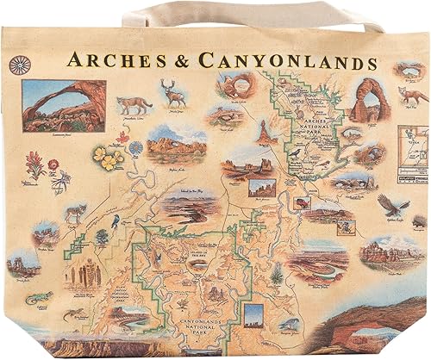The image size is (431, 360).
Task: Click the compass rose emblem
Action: (17, 65)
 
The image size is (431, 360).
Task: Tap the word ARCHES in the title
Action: (111, 61)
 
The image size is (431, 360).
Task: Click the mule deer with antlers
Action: (174, 93)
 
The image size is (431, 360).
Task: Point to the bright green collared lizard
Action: (39, 297)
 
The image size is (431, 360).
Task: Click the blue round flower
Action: (135, 147)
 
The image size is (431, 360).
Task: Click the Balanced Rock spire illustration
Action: (264, 131)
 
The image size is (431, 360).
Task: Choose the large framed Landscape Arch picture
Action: (64, 106)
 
